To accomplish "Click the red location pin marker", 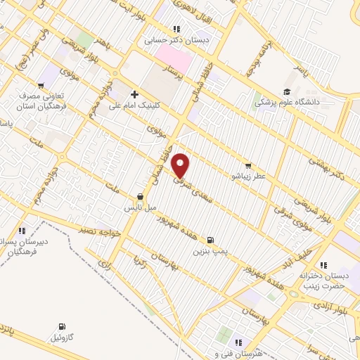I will (181, 165).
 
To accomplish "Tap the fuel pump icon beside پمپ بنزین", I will (212, 239).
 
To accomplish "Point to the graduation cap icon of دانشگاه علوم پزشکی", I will (286, 92).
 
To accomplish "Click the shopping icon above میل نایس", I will (140, 198).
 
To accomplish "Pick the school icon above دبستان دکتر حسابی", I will (176, 29).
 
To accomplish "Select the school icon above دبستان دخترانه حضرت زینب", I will (323, 265).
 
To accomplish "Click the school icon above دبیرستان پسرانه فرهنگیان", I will (22, 230).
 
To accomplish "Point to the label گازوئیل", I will (64, 338).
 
